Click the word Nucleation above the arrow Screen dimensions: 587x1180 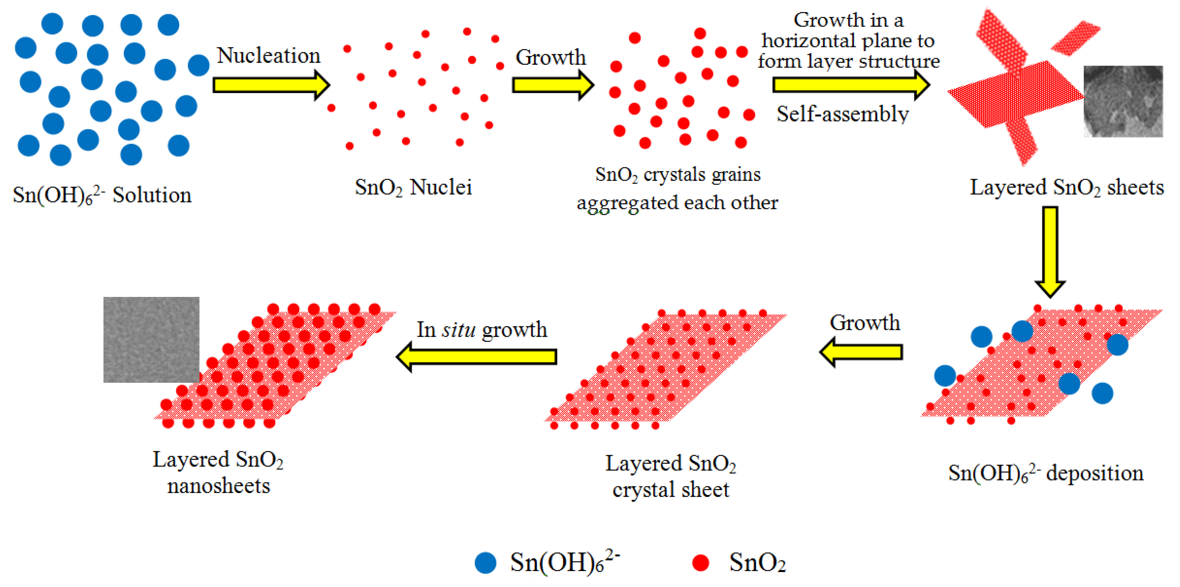pos(268,56)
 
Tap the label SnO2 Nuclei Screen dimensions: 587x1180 pos(413,187)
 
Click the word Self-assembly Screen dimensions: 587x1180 pos(842,114)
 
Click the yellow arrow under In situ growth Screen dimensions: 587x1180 pos(477,357)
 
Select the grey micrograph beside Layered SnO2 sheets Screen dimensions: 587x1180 pos(1123,101)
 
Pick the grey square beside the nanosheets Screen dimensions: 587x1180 pos(151,339)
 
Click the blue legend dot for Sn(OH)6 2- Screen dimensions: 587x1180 pos(486,562)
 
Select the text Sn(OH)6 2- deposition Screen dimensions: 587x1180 pos(1046,473)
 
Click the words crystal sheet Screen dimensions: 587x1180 pos(671,490)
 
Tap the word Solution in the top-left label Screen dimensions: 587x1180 pos(152,196)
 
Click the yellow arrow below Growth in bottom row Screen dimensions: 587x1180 pos(861,352)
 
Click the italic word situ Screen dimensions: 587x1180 pos(459,330)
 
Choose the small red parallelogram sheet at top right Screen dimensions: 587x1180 pos(1075,38)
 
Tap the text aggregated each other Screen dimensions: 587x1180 pos(677,202)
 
